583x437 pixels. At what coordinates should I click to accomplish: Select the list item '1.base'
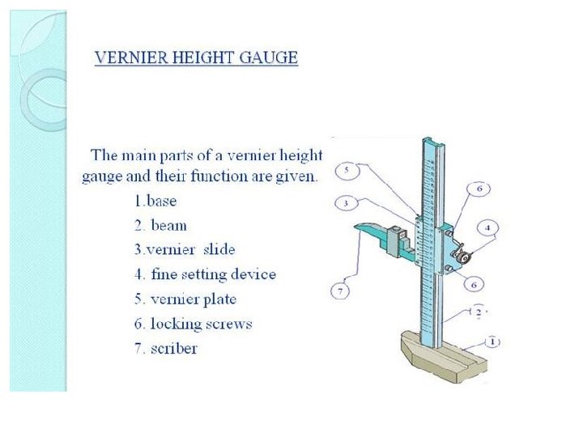[155, 200]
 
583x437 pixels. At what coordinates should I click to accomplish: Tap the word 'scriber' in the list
[174, 349]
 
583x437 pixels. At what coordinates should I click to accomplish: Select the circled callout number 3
[345, 202]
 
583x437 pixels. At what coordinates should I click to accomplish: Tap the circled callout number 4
[490, 227]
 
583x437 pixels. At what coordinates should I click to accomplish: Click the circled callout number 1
[493, 342]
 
